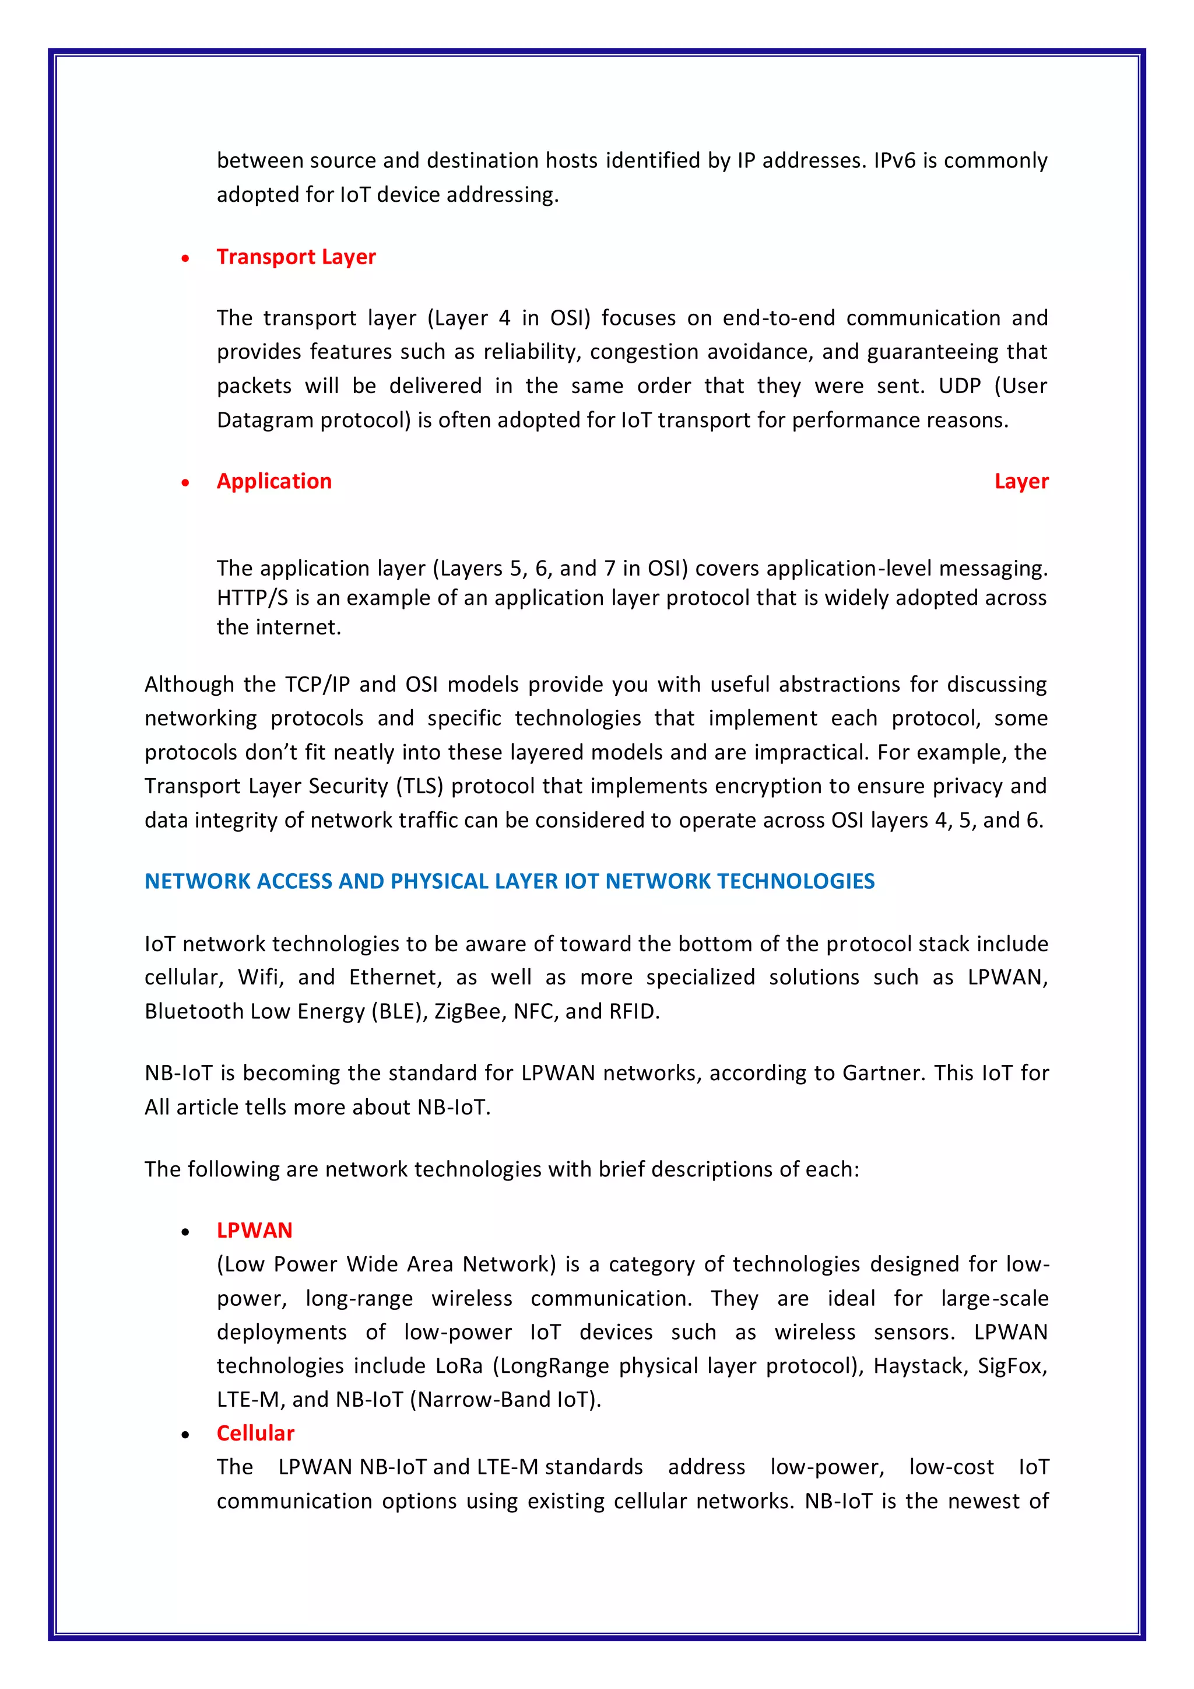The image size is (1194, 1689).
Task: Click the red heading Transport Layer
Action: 296,257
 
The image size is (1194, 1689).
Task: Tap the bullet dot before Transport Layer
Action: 185,258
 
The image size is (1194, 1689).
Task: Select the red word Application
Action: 273,481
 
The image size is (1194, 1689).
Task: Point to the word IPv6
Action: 894,160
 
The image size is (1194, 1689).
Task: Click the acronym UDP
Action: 960,386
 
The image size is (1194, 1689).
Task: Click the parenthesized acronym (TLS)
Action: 419,786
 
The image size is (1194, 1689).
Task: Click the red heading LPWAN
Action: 254,1231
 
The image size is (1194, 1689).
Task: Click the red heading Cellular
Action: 255,1433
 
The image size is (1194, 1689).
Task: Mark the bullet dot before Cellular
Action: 185,1435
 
